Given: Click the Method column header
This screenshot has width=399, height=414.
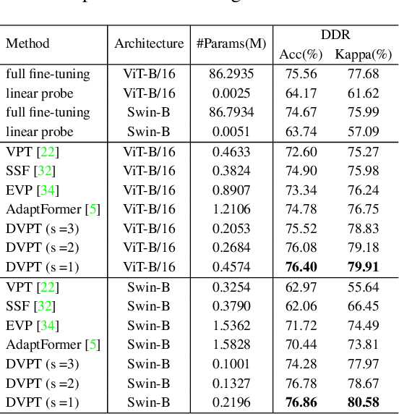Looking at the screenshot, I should [27, 43].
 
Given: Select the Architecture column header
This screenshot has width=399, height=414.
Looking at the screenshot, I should [149, 43].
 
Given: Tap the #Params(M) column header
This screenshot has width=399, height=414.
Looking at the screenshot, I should [231, 43].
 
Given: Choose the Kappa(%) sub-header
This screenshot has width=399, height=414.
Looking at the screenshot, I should [363, 54].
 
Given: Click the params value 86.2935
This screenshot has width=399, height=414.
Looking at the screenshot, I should [231, 74].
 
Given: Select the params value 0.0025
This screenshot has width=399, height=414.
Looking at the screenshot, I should [231, 93].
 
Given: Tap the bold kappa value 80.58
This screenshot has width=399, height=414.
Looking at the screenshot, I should [363, 402].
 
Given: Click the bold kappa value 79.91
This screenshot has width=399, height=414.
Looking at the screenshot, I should [363, 267].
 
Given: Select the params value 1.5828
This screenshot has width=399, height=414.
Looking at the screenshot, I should [231, 344].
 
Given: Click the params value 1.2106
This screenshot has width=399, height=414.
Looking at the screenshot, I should [231, 209].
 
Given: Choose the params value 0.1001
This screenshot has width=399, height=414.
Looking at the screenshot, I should [231, 363].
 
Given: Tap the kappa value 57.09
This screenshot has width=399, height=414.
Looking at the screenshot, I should [363, 132].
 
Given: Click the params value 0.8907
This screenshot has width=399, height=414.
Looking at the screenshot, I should [231, 190].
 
